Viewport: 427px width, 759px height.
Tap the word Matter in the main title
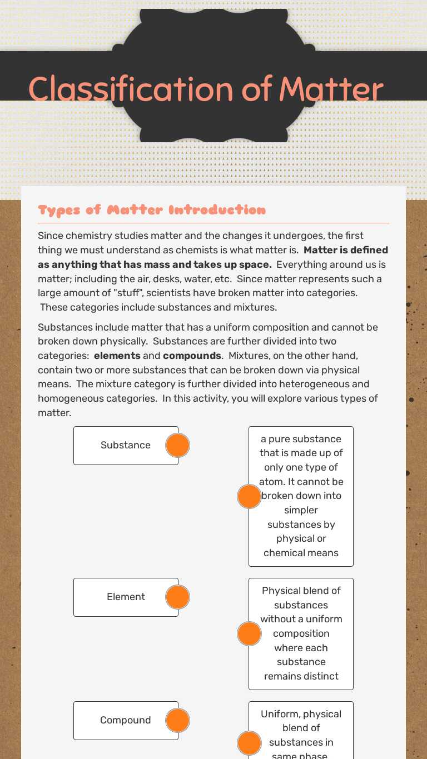tap(331, 89)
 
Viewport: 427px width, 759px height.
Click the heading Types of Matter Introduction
tap(152, 210)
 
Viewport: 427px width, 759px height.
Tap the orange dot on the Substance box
tap(178, 445)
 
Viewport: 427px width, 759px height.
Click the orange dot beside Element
tap(178, 597)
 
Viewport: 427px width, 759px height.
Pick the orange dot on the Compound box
tap(178, 720)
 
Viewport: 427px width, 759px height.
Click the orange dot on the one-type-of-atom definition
tap(249, 496)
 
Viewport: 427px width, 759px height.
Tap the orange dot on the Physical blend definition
tap(249, 633)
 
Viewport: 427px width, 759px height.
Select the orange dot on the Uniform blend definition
tap(249, 743)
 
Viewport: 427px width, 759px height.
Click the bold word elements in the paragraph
tap(117, 356)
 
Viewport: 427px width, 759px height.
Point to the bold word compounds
tap(192, 356)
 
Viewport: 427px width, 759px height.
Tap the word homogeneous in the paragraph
tap(69, 398)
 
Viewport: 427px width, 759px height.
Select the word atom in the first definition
tap(271, 482)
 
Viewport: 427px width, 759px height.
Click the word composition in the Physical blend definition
tap(301, 633)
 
